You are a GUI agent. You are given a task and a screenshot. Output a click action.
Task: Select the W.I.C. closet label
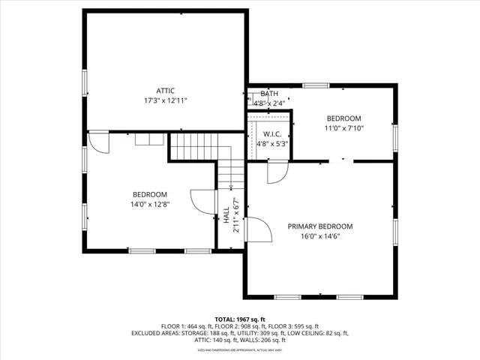271,134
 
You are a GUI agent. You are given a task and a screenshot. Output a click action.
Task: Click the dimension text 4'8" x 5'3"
271,143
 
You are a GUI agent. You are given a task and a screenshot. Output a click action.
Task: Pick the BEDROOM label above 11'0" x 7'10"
344,119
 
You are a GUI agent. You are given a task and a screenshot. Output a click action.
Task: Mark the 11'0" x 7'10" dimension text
344,128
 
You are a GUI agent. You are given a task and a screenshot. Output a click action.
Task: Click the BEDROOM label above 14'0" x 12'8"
150,195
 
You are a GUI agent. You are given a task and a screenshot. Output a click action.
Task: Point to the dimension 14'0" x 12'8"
150,204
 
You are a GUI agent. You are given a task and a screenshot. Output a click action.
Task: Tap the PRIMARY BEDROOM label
320,226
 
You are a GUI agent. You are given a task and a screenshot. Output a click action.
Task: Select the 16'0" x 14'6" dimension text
320,235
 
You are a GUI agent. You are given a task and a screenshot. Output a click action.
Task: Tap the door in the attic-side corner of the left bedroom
99,142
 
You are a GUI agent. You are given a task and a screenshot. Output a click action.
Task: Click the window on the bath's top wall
316,85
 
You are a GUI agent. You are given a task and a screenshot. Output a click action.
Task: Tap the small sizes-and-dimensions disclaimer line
240,349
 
